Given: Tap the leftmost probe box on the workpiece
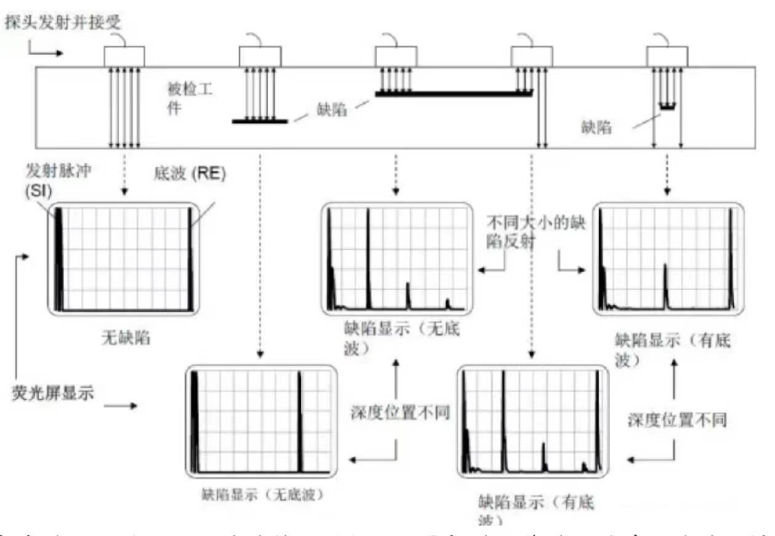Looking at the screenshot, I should coord(124,57).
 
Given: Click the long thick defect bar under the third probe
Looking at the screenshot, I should coord(454,93).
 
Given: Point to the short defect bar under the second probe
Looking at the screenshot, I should coord(260,121).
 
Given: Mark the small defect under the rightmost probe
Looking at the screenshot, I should coord(667,107).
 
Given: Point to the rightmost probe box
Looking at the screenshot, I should coord(667,57).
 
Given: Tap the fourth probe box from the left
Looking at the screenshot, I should coord(532,57).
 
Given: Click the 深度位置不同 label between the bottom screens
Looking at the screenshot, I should coord(400,412).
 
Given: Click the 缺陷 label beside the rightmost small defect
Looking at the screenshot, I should coord(596,127).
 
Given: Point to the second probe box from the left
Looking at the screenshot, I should coord(260,57).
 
